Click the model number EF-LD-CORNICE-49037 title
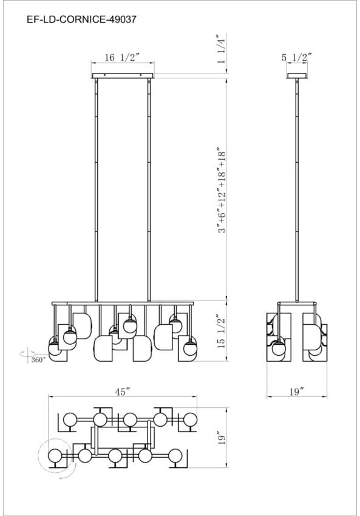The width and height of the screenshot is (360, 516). tap(81, 20)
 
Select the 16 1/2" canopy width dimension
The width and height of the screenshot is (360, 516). tap(123, 57)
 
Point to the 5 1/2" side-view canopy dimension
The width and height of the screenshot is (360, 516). tap(296, 58)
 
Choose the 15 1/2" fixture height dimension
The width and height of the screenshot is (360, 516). tap(221, 331)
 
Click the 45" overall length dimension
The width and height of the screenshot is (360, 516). tap(123, 392)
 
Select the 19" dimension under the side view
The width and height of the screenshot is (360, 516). tap(296, 392)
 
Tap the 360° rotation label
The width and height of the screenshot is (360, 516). tap(38, 360)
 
